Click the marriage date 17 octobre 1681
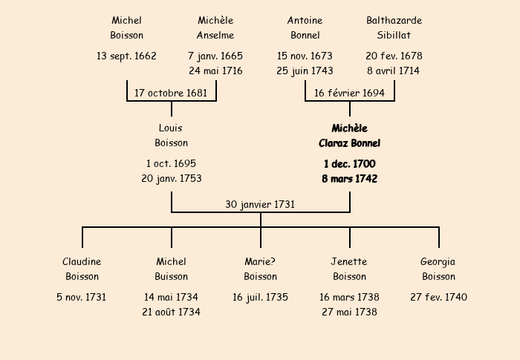coord(171,93)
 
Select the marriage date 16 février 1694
coord(349,93)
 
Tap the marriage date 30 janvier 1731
coord(260,204)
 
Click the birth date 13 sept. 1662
coord(126,56)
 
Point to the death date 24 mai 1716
coord(215,71)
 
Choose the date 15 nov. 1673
coord(305,56)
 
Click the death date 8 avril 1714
coord(394,71)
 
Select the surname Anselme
coord(215,35)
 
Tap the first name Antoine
coord(305,20)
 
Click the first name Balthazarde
coord(394,20)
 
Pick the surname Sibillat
coord(394,35)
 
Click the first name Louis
coord(171,128)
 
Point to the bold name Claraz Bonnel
coord(349,143)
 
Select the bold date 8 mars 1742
coord(349,179)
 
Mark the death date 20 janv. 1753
coord(171,179)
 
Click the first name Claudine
coord(82,261)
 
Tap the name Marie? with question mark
coord(260,261)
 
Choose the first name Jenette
coord(349,261)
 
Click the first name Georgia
coord(438,261)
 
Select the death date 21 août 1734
coord(171,312)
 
